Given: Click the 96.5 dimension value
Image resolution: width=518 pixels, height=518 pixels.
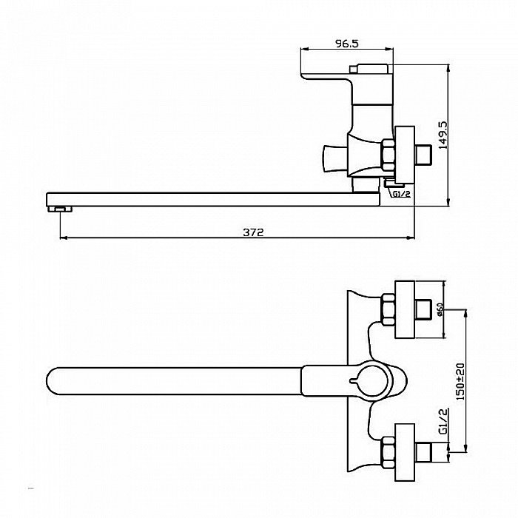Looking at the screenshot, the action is [x=346, y=43].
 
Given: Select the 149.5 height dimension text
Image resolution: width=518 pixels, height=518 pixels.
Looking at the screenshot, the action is [x=443, y=135].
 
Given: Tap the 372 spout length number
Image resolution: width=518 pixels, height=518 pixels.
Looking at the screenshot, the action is [x=253, y=232].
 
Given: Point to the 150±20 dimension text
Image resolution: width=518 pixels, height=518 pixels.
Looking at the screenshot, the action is [x=460, y=382].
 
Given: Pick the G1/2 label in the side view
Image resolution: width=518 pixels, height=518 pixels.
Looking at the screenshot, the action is [x=401, y=194].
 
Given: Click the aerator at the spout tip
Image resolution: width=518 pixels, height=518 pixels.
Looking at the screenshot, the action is [x=60, y=209].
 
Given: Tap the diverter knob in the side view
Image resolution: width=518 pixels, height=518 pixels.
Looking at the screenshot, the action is [x=334, y=159].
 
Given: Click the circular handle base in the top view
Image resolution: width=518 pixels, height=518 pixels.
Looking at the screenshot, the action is [x=374, y=381].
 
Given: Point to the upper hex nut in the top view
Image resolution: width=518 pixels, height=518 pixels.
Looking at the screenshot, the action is [x=388, y=310].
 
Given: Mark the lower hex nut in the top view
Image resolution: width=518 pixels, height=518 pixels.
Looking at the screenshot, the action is [x=388, y=452].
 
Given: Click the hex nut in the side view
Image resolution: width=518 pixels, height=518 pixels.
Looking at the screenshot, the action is [x=388, y=155].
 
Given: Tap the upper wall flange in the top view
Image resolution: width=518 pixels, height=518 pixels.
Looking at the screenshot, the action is [x=405, y=309].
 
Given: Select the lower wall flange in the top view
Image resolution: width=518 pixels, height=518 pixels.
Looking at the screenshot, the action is [x=405, y=452].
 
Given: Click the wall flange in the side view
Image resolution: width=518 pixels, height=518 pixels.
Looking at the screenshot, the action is [x=405, y=155].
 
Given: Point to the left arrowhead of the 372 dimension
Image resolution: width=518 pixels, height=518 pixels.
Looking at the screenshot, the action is [x=63, y=238].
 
